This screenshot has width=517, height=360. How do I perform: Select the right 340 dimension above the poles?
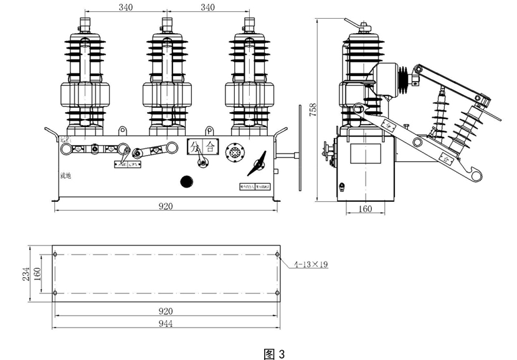[x=208, y=7]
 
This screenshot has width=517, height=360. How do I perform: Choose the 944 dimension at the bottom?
[x=166, y=323]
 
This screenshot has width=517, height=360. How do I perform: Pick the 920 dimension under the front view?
[x=166, y=206]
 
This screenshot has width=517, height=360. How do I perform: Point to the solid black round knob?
[x=186, y=181]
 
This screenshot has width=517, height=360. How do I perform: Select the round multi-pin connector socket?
[x=236, y=153]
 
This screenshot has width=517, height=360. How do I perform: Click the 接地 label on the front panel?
[x=65, y=176]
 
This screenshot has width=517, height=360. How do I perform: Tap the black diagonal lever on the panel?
[x=257, y=163]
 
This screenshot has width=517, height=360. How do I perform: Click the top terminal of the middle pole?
[x=166, y=25]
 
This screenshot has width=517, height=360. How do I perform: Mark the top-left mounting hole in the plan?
[x=55, y=255]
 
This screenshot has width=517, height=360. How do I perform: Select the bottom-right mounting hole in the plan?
[x=277, y=293]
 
